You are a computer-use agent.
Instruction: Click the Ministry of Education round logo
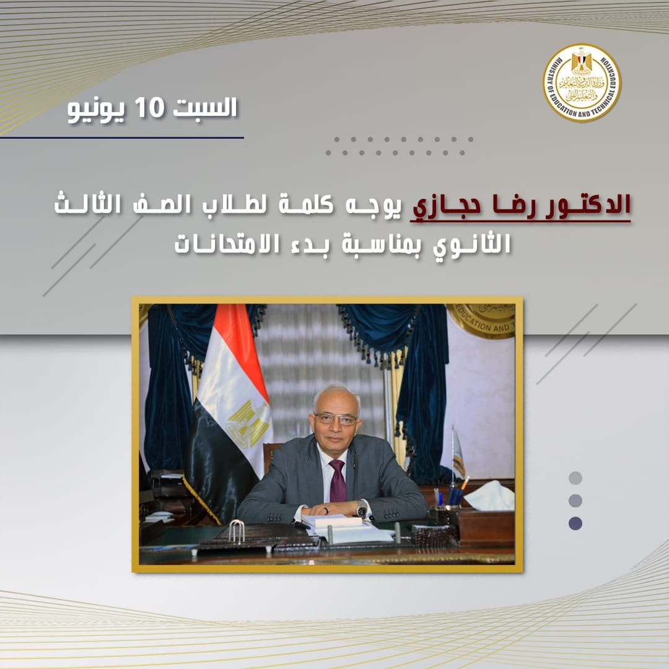582,83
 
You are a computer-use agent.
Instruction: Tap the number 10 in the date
149,107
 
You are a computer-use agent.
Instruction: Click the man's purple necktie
338,481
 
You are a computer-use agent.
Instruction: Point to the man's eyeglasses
336,419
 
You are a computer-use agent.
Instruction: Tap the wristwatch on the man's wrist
362,509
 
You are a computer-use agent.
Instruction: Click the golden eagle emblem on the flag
248,423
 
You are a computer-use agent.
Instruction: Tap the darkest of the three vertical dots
575,523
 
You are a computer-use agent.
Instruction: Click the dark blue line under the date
122,138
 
